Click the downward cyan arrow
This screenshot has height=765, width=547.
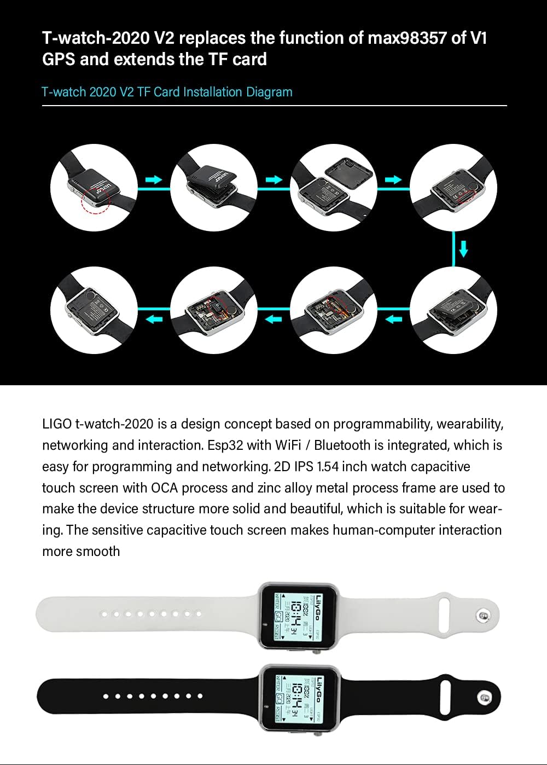pyautogui.click(x=463, y=250)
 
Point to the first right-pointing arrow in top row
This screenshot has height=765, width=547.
pyautogui.click(x=154, y=179)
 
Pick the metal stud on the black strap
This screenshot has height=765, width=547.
pyautogui.click(x=484, y=697)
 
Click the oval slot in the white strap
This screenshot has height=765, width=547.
pyautogui.click(x=444, y=608)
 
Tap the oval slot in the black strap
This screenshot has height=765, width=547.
pyautogui.click(x=444, y=691)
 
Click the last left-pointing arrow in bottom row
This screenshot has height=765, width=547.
pyautogui.click(x=154, y=319)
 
